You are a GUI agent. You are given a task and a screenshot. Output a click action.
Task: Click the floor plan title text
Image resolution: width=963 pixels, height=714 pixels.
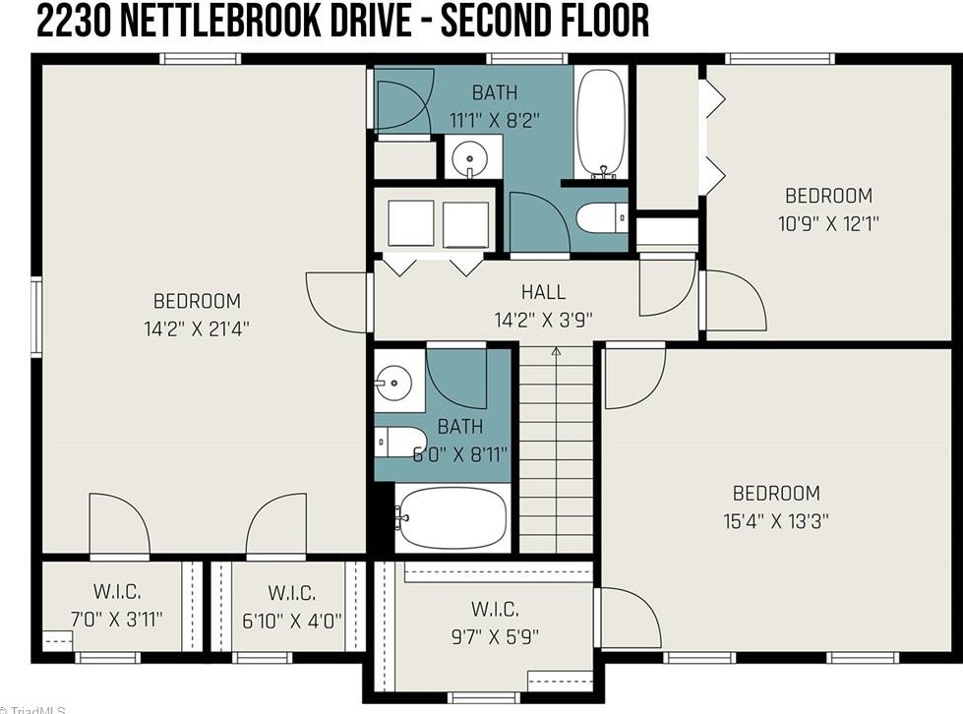[x=341, y=22]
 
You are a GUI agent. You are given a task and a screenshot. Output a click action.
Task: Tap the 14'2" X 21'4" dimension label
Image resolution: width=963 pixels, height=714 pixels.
[x=197, y=328]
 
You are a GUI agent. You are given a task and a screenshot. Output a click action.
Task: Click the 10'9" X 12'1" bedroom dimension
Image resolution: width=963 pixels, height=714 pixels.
[x=828, y=223]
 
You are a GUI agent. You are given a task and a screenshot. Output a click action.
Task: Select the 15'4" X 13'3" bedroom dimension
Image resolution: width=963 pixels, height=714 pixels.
[x=776, y=521]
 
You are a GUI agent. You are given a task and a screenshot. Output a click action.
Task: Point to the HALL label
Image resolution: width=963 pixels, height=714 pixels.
[x=543, y=292]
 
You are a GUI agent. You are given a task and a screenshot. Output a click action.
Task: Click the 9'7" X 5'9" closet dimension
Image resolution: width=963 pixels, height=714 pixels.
[x=494, y=636]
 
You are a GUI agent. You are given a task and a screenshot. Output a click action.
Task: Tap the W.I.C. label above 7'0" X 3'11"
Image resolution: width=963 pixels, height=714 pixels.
[x=117, y=592]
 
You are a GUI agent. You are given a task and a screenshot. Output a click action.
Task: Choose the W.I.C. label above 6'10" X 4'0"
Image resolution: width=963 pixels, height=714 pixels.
[x=291, y=592]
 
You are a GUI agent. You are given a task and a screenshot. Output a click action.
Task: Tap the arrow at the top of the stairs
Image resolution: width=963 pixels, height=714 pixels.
[x=556, y=350]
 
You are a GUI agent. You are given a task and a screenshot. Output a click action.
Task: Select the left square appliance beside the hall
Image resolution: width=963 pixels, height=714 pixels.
[x=410, y=222]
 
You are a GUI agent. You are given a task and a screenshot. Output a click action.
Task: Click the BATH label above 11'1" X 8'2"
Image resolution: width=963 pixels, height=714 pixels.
[x=495, y=94]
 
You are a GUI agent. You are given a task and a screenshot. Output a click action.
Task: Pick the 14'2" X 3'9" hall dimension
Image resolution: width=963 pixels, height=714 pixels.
[x=543, y=319]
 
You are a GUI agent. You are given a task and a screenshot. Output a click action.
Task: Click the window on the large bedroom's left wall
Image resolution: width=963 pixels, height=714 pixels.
[x=36, y=315]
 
